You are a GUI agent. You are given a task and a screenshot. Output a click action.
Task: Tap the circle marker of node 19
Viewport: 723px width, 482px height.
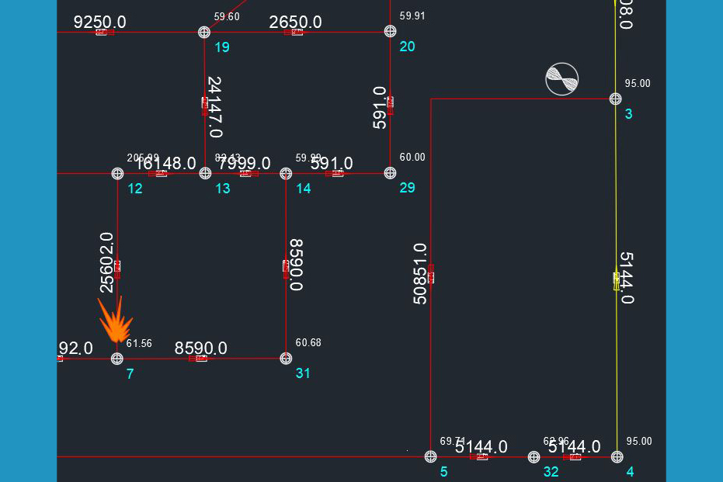pyautogui.click(x=204, y=32)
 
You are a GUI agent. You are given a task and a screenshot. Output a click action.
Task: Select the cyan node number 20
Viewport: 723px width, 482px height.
pyautogui.click(x=407, y=47)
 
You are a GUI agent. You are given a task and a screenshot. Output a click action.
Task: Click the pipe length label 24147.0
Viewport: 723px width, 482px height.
pyautogui.click(x=215, y=107)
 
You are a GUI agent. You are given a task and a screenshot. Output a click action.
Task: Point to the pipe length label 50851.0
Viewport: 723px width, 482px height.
pyautogui.click(x=420, y=273)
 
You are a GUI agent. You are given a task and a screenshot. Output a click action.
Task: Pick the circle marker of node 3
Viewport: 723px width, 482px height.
pyautogui.click(x=615, y=99)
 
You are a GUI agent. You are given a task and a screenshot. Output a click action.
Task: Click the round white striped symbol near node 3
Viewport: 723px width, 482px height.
pyautogui.click(x=561, y=78)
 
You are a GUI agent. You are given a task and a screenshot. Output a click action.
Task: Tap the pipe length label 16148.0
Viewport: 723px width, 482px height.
pyautogui.click(x=166, y=163)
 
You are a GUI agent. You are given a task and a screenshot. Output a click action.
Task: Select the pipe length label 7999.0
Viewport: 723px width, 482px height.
pyautogui.click(x=245, y=163)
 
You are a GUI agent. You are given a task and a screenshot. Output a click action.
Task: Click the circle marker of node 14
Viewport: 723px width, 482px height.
pyautogui.click(x=286, y=173)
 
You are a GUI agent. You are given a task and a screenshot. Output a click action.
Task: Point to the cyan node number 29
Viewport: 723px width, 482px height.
pyautogui.click(x=407, y=188)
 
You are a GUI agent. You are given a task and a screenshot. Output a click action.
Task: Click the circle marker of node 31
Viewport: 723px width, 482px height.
pyautogui.click(x=286, y=358)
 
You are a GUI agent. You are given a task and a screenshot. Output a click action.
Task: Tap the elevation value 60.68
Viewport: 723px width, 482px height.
pyautogui.click(x=308, y=343)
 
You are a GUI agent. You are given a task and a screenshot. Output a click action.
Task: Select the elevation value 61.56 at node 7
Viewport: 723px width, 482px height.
pyautogui.click(x=139, y=343)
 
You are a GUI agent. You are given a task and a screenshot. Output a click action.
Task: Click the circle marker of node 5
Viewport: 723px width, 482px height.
pyautogui.click(x=430, y=456)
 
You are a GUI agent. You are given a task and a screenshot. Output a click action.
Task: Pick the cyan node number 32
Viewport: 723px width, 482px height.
pyautogui.click(x=551, y=472)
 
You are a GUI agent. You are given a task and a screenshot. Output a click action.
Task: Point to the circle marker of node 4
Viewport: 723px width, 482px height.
pyautogui.click(x=617, y=456)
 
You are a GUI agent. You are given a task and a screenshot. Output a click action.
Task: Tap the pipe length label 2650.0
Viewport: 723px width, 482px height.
pyautogui.click(x=295, y=22)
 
